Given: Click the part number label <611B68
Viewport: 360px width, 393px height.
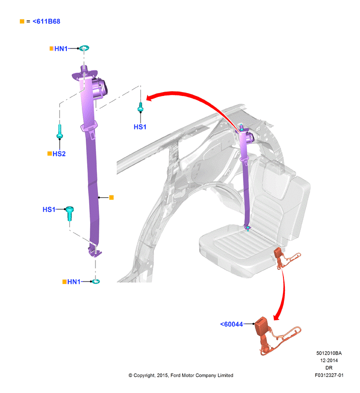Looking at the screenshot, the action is pos(47,21).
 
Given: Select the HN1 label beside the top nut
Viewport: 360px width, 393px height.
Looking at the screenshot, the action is pos(61,48).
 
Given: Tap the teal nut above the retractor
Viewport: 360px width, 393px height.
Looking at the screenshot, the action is pos(84,48).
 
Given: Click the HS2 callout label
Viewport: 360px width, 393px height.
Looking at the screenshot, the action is pos(59,154).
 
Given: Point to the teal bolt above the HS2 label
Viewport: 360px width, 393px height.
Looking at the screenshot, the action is pos(60,132).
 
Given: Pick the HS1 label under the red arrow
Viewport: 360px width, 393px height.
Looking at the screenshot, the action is pos(140,127).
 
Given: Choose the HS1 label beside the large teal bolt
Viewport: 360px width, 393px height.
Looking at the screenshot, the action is pos(49,209).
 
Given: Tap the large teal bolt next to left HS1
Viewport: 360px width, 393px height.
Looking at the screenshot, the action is pos(69,213).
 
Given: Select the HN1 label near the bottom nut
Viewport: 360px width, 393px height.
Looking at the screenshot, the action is pos(74,282).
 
